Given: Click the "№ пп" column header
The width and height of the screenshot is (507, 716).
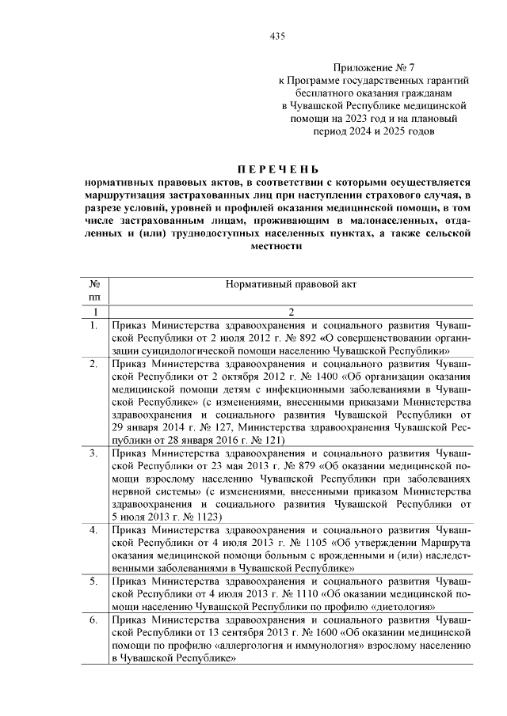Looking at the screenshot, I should pos(93,289).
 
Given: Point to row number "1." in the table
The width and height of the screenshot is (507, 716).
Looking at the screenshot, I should pos(93,325).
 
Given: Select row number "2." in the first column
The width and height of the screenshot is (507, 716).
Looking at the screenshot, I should pos(93,364).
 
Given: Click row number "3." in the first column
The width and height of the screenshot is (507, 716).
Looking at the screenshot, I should pos(93,453).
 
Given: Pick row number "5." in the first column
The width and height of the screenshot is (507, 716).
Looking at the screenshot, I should pos(93,582).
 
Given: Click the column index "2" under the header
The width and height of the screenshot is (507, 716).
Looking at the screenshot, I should pos(292,312).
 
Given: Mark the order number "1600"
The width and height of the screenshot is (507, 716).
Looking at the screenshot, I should pos(298,633).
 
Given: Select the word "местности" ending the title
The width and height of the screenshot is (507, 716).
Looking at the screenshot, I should pos(277,246).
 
